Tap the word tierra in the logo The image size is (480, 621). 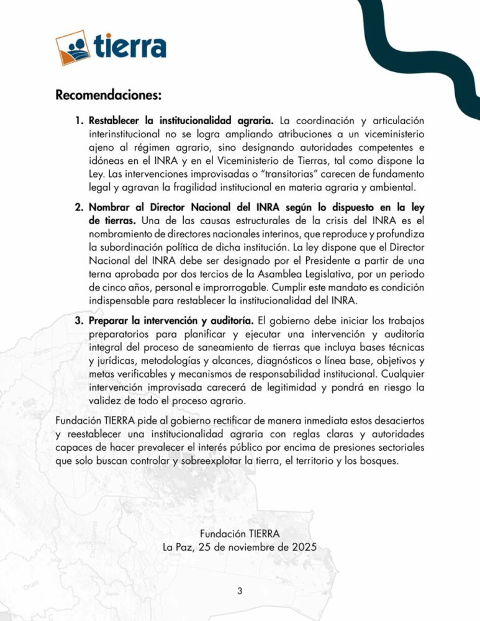click(x=130, y=47)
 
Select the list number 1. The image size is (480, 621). click(x=79, y=120)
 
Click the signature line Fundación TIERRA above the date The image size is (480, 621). click(x=240, y=533)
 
